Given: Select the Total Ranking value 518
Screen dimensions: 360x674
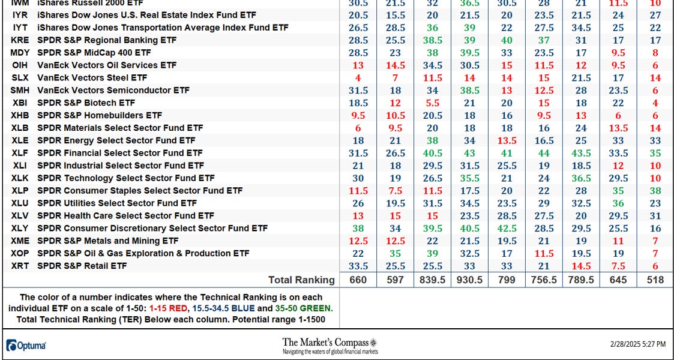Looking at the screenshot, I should [x=655, y=280].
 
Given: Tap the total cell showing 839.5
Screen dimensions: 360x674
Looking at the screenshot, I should [x=432, y=280].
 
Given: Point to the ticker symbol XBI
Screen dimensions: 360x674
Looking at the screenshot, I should [x=19, y=103].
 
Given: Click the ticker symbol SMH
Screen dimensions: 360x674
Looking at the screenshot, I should [x=19, y=90].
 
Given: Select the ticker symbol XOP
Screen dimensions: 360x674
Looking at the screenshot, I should [x=19, y=253].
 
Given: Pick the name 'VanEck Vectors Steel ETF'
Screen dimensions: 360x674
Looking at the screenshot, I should [x=92, y=77].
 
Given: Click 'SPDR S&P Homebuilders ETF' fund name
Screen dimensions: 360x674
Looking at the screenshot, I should [x=100, y=115].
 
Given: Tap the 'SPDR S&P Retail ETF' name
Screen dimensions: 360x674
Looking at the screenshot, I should [x=82, y=266].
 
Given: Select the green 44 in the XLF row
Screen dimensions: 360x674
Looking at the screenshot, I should [x=544, y=153].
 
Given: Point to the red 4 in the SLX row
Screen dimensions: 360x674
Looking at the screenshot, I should [x=358, y=77].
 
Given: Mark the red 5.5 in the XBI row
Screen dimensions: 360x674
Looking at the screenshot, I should [x=432, y=103].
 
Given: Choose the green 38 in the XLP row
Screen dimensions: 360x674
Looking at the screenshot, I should [x=655, y=190].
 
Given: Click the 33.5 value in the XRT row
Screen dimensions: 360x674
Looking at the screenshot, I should [x=358, y=266].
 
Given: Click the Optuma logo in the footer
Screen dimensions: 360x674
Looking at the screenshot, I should [x=26, y=346].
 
